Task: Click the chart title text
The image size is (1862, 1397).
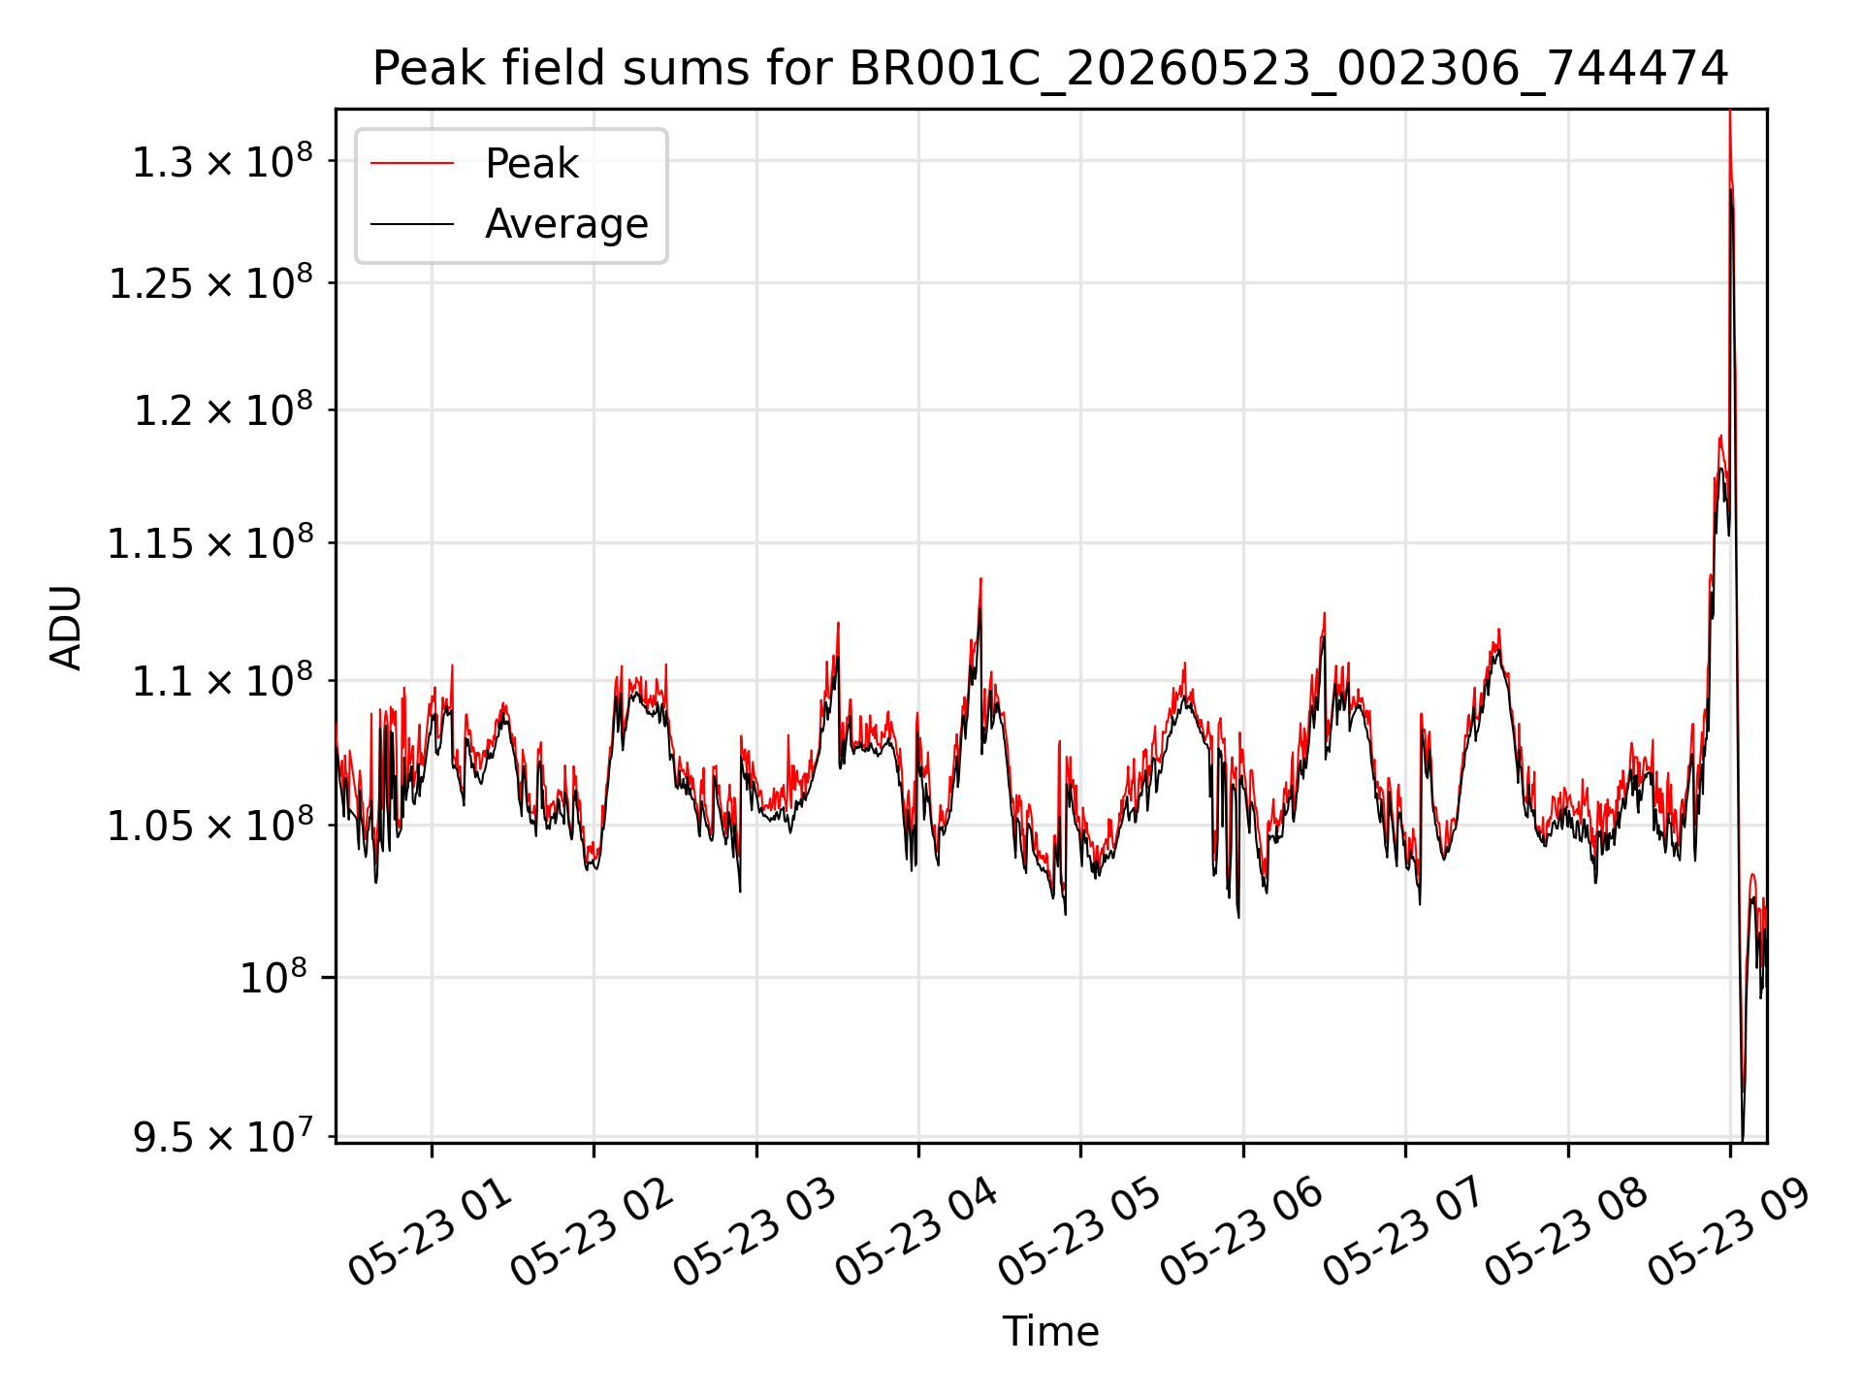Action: (1050, 68)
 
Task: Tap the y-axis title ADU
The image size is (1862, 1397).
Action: (66, 627)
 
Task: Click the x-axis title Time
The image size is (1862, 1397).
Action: (1050, 1331)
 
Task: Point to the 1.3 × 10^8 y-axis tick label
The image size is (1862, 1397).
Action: (222, 161)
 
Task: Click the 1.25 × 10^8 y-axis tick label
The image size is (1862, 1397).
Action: (210, 283)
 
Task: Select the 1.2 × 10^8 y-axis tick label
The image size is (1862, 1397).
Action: (222, 410)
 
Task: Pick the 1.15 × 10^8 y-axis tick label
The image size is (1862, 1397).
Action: (210, 543)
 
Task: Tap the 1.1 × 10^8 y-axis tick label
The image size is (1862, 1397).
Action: (222, 681)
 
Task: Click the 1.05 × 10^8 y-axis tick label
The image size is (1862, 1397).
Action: (210, 826)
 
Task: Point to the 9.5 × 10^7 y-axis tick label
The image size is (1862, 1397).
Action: (222, 1136)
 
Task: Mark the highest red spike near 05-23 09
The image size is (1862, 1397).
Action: (1729, 113)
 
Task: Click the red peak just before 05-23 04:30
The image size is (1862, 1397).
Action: (980, 579)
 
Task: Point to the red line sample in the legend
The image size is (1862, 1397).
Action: (412, 163)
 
